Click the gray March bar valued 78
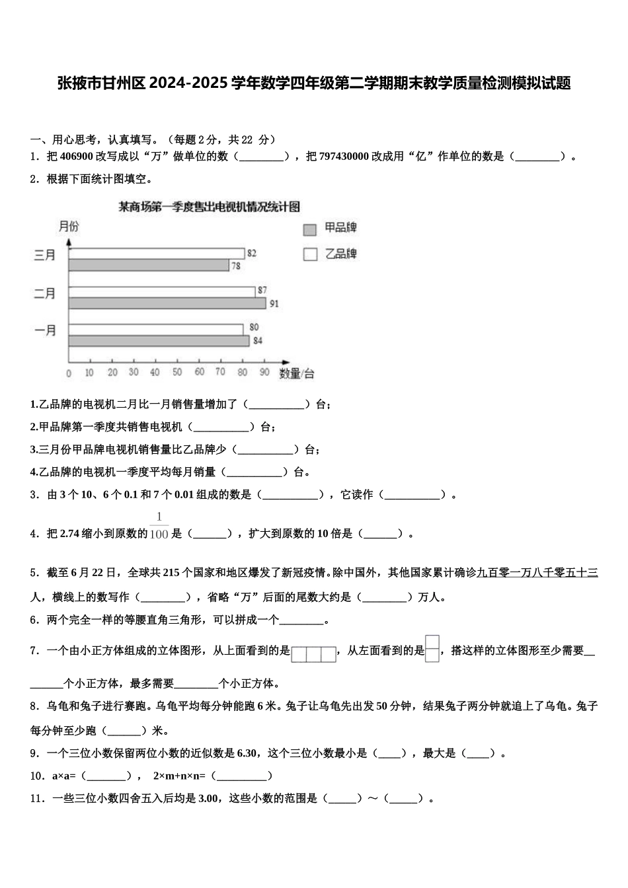(x=149, y=265)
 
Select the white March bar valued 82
(x=156, y=254)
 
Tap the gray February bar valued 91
(x=167, y=303)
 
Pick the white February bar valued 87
(x=161, y=291)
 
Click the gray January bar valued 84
(x=159, y=341)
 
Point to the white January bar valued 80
(x=155, y=329)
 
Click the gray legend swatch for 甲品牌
(x=310, y=230)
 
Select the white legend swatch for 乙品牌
(x=310, y=254)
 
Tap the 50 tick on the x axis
(x=177, y=373)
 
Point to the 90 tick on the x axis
(x=264, y=373)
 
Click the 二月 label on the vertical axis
(x=45, y=294)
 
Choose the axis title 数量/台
(x=297, y=374)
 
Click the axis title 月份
(x=69, y=227)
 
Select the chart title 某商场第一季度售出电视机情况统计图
(x=209, y=207)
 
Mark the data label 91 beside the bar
(x=274, y=304)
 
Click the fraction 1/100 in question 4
(x=159, y=527)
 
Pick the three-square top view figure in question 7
(x=314, y=654)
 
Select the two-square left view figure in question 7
(x=432, y=648)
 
